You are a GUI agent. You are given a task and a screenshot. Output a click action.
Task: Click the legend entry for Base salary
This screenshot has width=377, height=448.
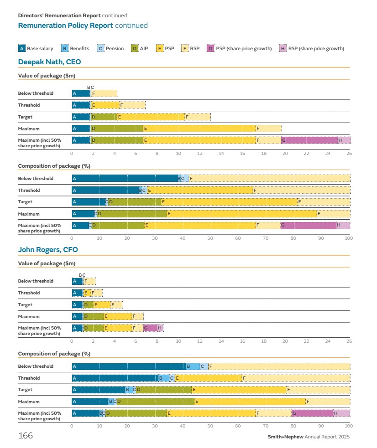pyautogui.click(x=36, y=48)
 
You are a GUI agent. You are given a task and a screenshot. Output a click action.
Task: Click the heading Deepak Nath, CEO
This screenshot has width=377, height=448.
pyautogui.click(x=49, y=62)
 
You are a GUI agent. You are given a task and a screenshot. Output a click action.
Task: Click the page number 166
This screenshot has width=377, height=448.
pyautogui.click(x=25, y=436)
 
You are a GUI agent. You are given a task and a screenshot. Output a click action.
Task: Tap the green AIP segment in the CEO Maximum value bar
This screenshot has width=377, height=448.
pyautogui.click(x=117, y=129)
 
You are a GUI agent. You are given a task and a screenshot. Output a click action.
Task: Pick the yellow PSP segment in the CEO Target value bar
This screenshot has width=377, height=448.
pyautogui.click(x=151, y=117)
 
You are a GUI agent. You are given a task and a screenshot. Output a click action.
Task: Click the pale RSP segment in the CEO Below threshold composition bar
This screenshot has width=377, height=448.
pyautogui.click(x=269, y=178)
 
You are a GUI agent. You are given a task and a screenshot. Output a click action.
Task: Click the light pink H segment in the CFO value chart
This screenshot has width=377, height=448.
pyautogui.click(x=160, y=328)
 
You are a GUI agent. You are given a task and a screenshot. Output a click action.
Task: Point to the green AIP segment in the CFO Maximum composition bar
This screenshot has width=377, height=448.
pyautogui.click(x=155, y=402)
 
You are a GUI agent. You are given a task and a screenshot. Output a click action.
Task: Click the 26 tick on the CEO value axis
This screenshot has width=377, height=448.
pyautogui.click(x=349, y=154)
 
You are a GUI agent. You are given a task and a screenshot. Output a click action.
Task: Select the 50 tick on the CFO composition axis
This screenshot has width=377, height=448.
pyautogui.click(x=210, y=425)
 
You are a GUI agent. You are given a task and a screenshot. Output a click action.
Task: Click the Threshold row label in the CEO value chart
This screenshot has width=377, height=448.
pyautogui.click(x=29, y=105)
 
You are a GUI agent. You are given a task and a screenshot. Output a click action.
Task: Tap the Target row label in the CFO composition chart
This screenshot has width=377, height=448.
pyautogui.click(x=26, y=390)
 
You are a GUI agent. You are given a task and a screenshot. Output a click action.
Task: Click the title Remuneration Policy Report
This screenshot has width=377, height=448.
pyautogui.click(x=65, y=26)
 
